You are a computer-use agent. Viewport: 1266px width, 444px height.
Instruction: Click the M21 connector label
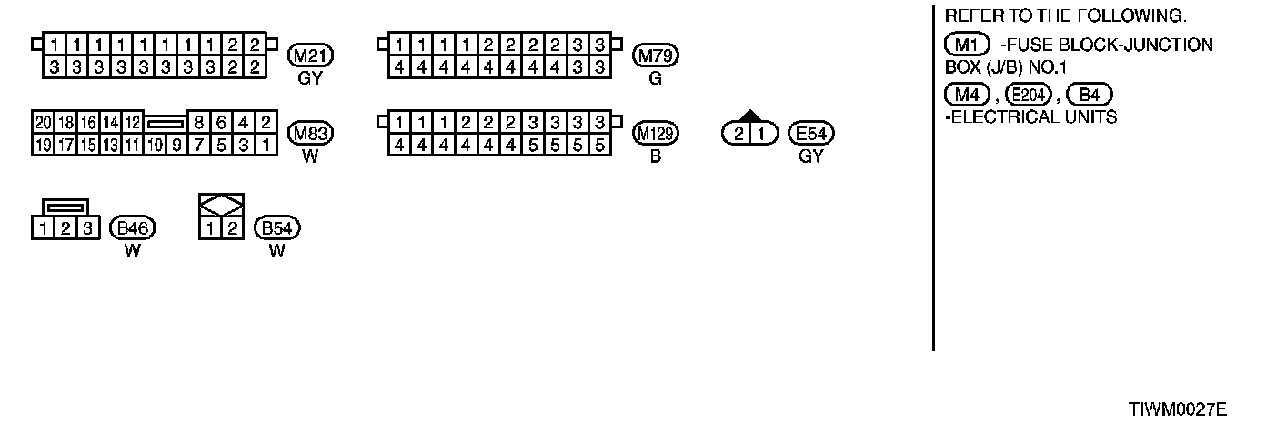pyautogui.click(x=311, y=55)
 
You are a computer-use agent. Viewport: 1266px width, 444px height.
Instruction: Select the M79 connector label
pyautogui.click(x=656, y=55)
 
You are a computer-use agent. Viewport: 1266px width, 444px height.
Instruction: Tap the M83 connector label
pyautogui.click(x=311, y=134)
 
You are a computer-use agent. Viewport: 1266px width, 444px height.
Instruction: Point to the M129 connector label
pyautogui.click(x=656, y=134)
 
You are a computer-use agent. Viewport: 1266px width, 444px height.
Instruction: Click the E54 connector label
pyautogui.click(x=811, y=134)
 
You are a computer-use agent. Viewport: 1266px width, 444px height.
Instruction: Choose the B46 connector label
pyautogui.click(x=133, y=227)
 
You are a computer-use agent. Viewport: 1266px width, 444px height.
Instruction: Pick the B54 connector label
pyautogui.click(x=277, y=227)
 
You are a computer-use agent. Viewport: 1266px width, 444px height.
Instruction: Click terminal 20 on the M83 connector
pyautogui.click(x=42, y=123)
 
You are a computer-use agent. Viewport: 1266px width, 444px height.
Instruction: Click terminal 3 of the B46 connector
pyautogui.click(x=87, y=227)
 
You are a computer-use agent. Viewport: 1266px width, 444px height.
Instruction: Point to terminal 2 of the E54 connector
pyautogui.click(x=738, y=134)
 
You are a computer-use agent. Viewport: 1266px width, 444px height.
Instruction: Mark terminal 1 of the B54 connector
pyautogui.click(x=210, y=227)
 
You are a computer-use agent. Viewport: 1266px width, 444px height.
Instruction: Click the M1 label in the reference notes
pyautogui.click(x=968, y=45)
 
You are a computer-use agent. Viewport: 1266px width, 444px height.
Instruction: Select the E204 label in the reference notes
pyautogui.click(x=1029, y=94)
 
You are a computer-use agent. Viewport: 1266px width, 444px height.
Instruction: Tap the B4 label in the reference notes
pyautogui.click(x=1090, y=94)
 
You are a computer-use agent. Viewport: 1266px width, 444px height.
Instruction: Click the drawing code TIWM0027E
pyautogui.click(x=1178, y=410)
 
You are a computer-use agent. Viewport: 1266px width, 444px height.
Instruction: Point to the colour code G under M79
pyautogui.click(x=656, y=78)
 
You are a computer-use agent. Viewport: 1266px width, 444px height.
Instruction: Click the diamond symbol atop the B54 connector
pyautogui.click(x=221, y=204)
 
